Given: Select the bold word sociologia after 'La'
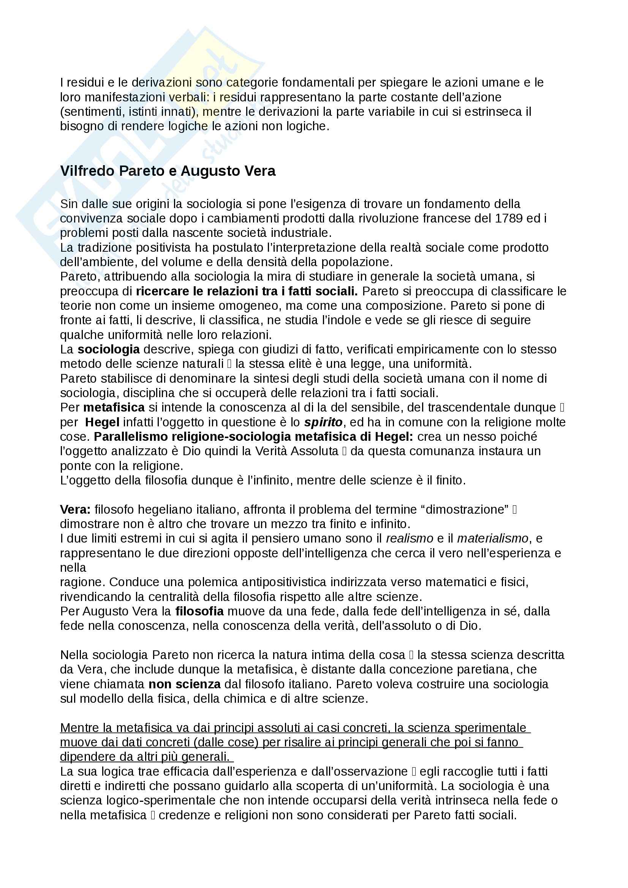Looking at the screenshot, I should (108, 349).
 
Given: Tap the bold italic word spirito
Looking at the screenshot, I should (323, 422).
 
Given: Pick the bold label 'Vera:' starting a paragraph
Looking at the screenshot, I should (75, 509).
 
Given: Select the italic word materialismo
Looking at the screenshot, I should (493, 538).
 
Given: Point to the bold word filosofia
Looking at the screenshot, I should (199, 611).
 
